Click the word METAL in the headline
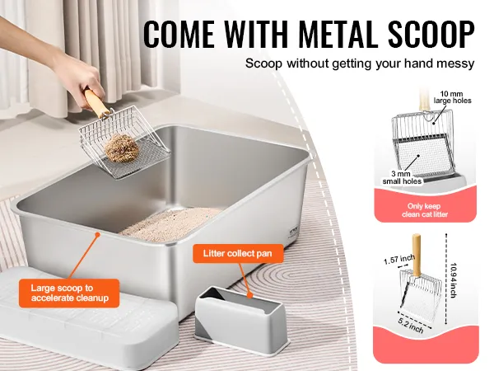(338, 34)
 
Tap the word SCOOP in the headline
(431, 34)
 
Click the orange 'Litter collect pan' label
(238, 253)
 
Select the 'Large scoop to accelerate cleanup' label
(69, 293)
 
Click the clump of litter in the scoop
(122, 148)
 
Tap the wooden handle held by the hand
(97, 103)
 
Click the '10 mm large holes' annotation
(452, 97)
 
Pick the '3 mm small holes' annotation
(402, 177)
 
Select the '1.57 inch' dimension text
(398, 260)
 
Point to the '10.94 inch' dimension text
(453, 280)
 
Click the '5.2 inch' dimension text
(411, 325)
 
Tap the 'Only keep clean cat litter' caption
(425, 210)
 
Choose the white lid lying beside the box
(85, 318)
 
